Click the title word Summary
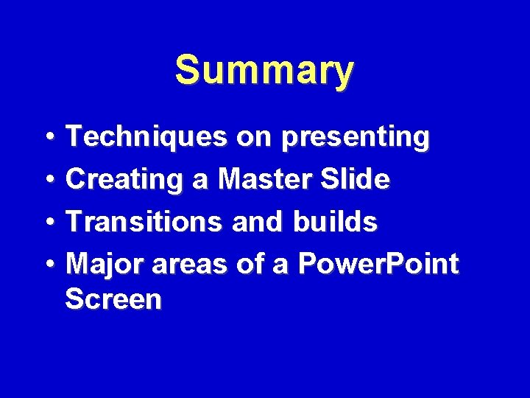tap(264, 71)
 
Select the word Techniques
tap(146, 137)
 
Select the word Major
tap(104, 263)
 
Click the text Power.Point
tap(376, 263)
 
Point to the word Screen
tap(113, 299)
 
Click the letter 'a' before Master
tap(201, 181)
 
